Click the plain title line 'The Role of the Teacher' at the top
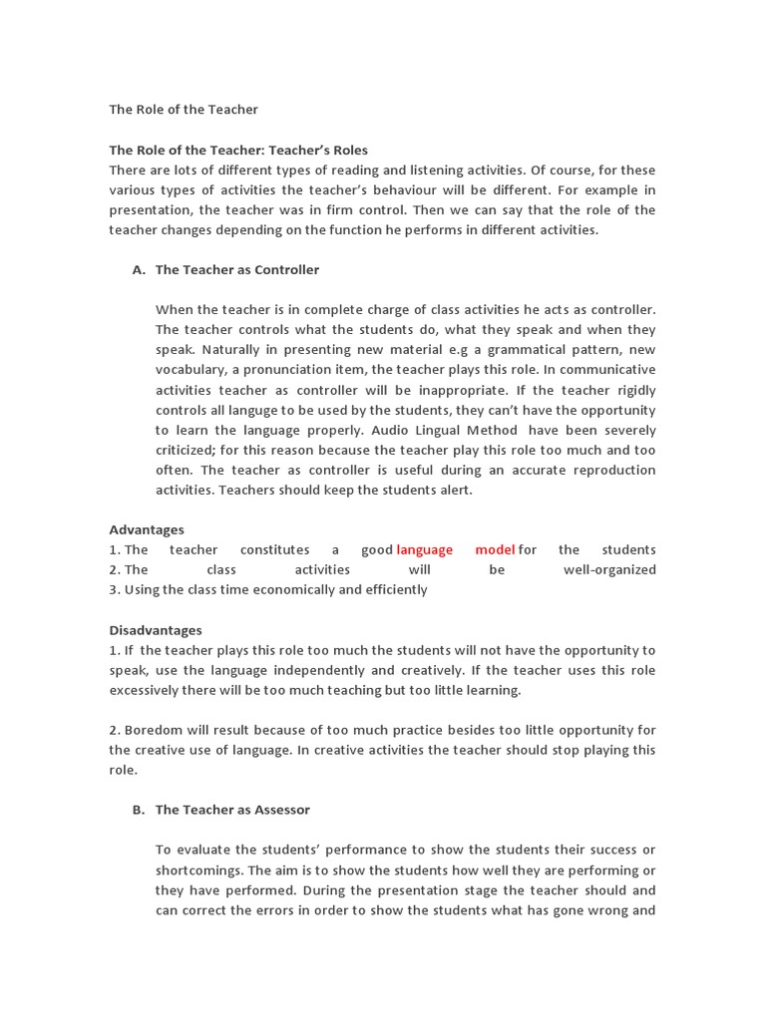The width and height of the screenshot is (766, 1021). [x=183, y=109]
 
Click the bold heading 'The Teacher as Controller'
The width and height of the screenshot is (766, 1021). [x=237, y=269]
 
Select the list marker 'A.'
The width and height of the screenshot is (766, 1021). [x=140, y=269]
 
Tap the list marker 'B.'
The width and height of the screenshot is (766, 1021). [x=140, y=810]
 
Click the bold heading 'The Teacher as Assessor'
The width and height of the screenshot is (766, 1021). [x=232, y=810]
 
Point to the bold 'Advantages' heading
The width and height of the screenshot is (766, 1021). [x=147, y=529]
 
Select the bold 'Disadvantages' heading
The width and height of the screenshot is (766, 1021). [x=156, y=630]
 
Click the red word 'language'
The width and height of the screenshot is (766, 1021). [x=425, y=549]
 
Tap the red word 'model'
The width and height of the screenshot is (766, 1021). [x=495, y=549]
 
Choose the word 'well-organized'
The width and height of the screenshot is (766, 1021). [x=609, y=569]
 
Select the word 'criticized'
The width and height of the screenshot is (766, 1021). [x=189, y=450]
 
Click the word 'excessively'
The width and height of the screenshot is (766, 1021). [x=147, y=690]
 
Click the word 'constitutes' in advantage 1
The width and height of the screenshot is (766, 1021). [x=274, y=549]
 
